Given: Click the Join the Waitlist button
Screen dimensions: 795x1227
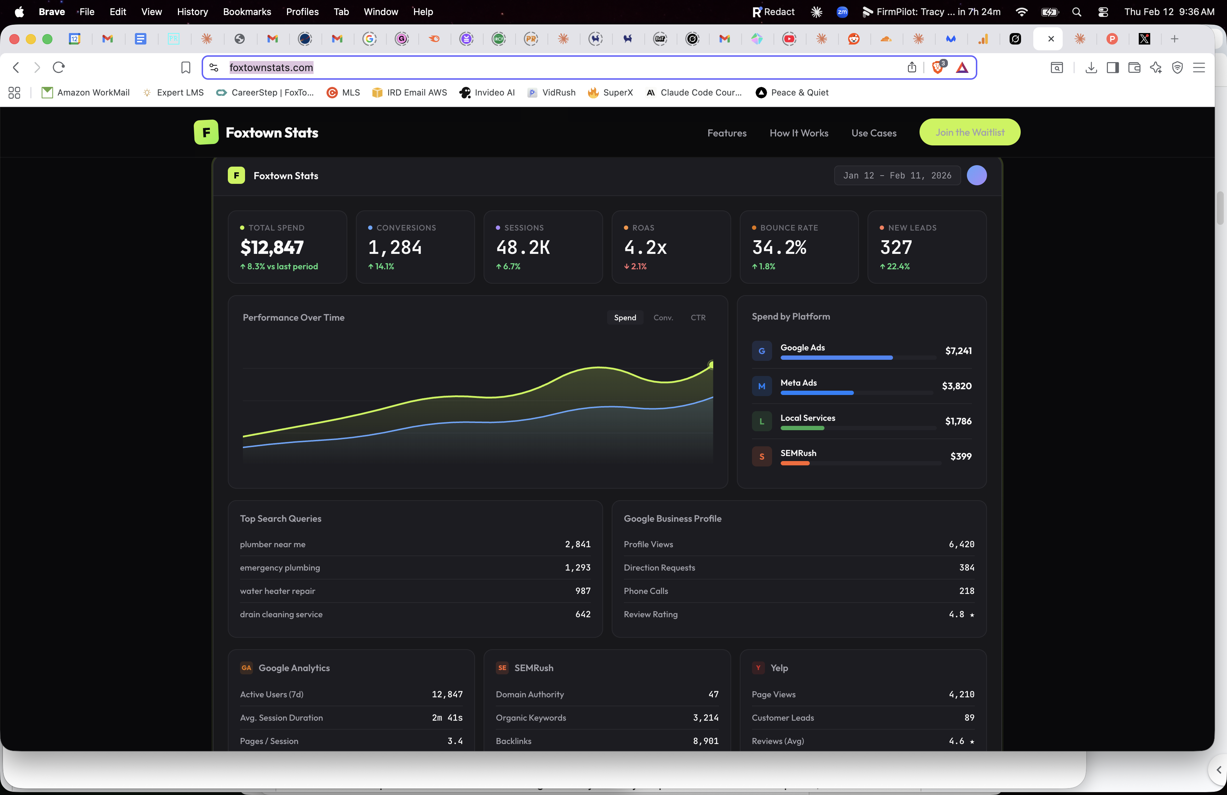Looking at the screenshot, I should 969,132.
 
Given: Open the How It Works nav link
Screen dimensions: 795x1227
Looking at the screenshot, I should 799,133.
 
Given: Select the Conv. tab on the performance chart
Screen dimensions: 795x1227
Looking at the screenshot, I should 663,318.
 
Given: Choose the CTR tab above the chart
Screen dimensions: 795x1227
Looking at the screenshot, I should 697,318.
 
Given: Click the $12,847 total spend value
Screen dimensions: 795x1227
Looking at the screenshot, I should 272,248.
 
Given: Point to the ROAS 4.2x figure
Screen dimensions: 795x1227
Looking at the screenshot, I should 645,248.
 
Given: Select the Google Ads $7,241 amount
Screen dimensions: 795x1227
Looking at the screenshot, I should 958,351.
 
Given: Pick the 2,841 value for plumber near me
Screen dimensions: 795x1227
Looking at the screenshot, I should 577,544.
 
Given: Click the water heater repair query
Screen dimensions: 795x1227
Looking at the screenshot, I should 277,591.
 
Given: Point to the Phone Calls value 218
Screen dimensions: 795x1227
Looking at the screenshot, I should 966,591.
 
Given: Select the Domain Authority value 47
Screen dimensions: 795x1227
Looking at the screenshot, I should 713,694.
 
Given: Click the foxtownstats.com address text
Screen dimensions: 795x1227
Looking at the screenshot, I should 271,68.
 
